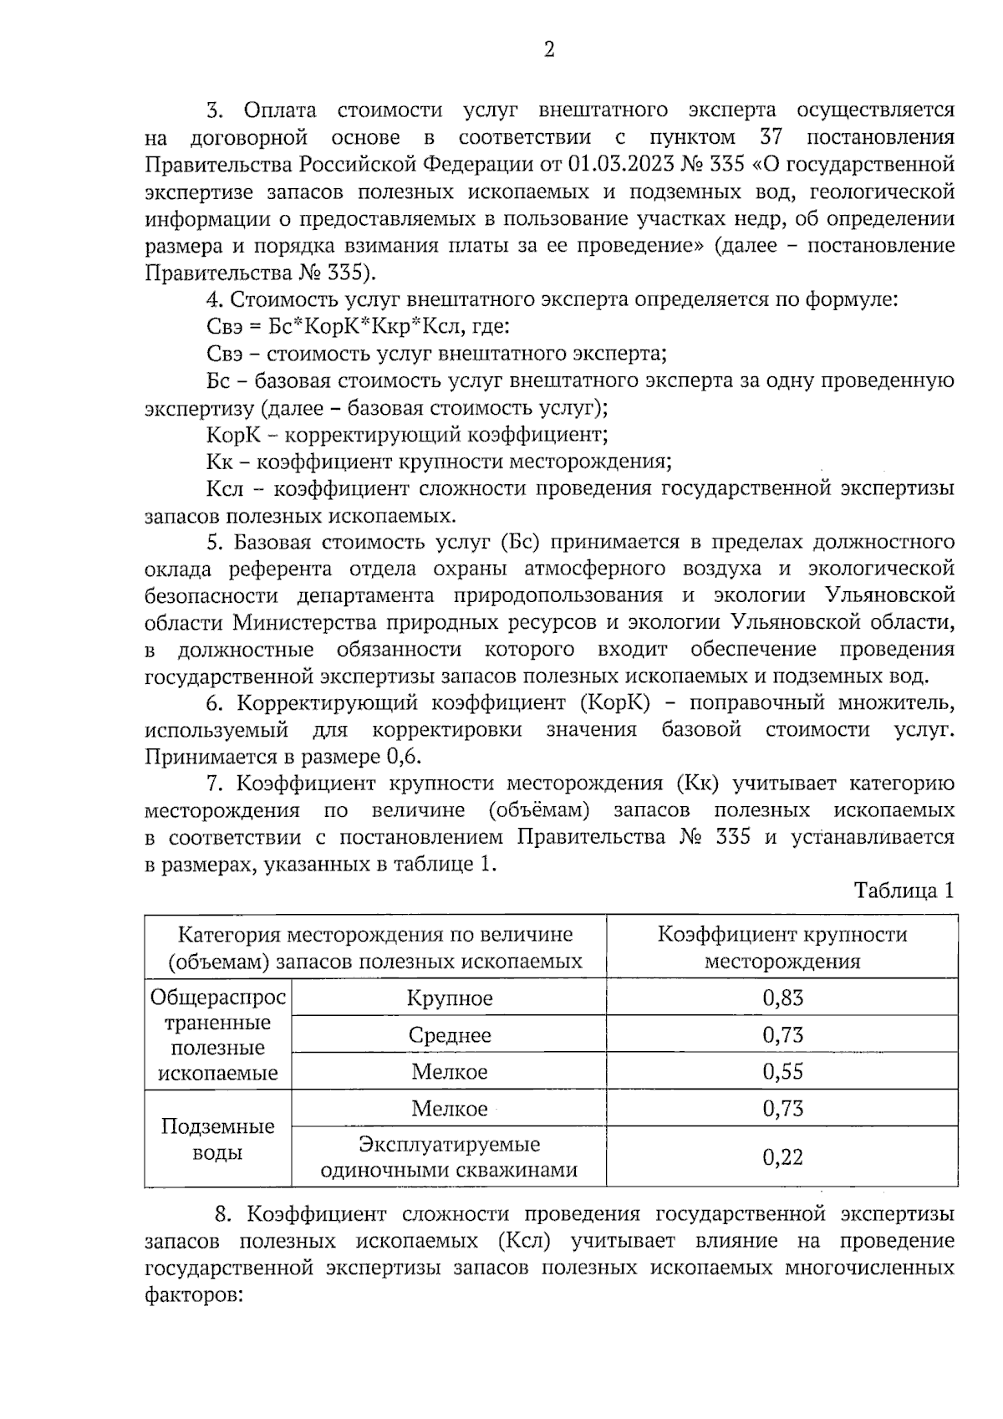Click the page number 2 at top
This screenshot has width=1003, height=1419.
(x=549, y=50)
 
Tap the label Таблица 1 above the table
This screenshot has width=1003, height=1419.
(x=904, y=891)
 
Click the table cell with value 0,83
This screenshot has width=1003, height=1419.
(x=782, y=998)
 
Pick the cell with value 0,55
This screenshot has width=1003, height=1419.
(x=782, y=1071)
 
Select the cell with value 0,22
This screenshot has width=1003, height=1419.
(x=782, y=1157)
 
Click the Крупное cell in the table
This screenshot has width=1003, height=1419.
(x=450, y=998)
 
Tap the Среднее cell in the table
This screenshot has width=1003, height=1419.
(x=450, y=1035)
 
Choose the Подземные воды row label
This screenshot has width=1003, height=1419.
(x=217, y=1140)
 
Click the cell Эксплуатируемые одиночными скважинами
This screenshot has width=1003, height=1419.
(x=450, y=1157)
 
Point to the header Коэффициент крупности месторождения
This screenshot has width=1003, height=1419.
(x=782, y=947)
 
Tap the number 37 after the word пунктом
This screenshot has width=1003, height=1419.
(x=770, y=136)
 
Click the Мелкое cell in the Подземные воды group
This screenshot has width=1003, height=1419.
(x=450, y=1109)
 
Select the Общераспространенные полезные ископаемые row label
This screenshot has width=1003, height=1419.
(x=217, y=1035)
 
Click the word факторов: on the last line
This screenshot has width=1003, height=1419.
(x=193, y=1294)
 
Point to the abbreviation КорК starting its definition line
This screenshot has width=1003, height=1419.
(x=233, y=436)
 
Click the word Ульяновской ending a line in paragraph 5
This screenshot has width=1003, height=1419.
(x=888, y=595)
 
